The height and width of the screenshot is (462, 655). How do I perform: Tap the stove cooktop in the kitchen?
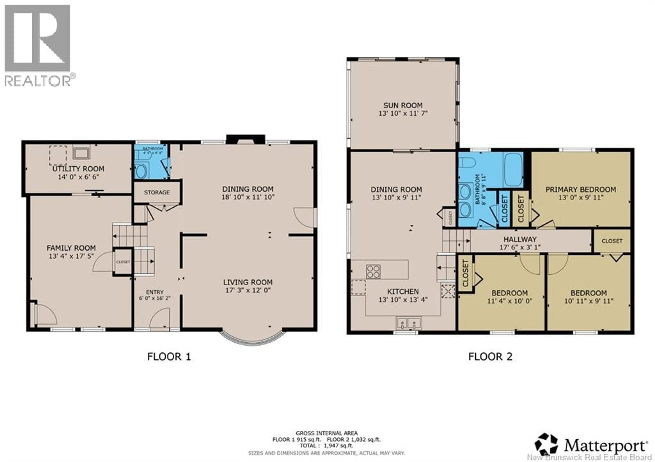pyautogui.click(x=373, y=271)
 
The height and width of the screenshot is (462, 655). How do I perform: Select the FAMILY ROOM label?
pyautogui.click(x=71, y=248)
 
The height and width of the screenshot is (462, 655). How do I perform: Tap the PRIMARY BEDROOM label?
pyautogui.click(x=580, y=189)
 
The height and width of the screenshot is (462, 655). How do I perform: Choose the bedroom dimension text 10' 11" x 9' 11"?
pyautogui.click(x=588, y=301)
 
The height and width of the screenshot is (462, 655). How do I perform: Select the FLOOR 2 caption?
pyautogui.click(x=490, y=357)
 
